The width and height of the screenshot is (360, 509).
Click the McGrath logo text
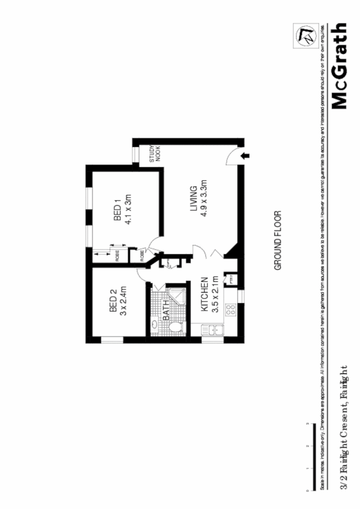click(x=340, y=66)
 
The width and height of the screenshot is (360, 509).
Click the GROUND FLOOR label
click(x=278, y=240)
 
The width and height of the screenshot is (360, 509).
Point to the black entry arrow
click(x=245, y=157)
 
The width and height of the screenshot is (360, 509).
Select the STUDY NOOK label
click(x=155, y=154)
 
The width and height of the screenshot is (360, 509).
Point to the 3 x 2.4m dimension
click(x=123, y=303)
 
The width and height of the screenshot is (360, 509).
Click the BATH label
click(x=166, y=312)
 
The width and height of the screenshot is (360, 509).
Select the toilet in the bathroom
click(x=175, y=327)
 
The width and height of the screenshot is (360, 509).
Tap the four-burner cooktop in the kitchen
click(x=230, y=310)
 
